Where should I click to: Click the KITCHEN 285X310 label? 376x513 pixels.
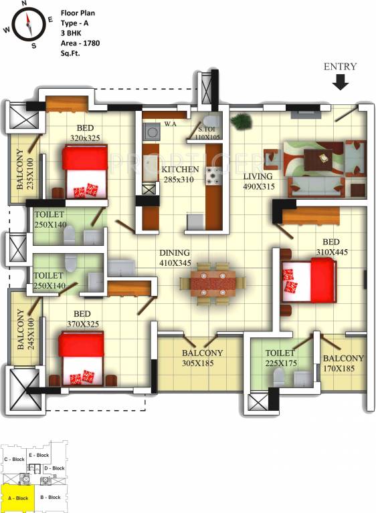point(180,174)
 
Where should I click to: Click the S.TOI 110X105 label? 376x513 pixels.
point(208,134)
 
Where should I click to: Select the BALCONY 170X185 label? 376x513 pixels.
point(344,363)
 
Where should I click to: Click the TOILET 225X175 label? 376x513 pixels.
point(280,359)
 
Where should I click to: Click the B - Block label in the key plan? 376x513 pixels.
point(50,498)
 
